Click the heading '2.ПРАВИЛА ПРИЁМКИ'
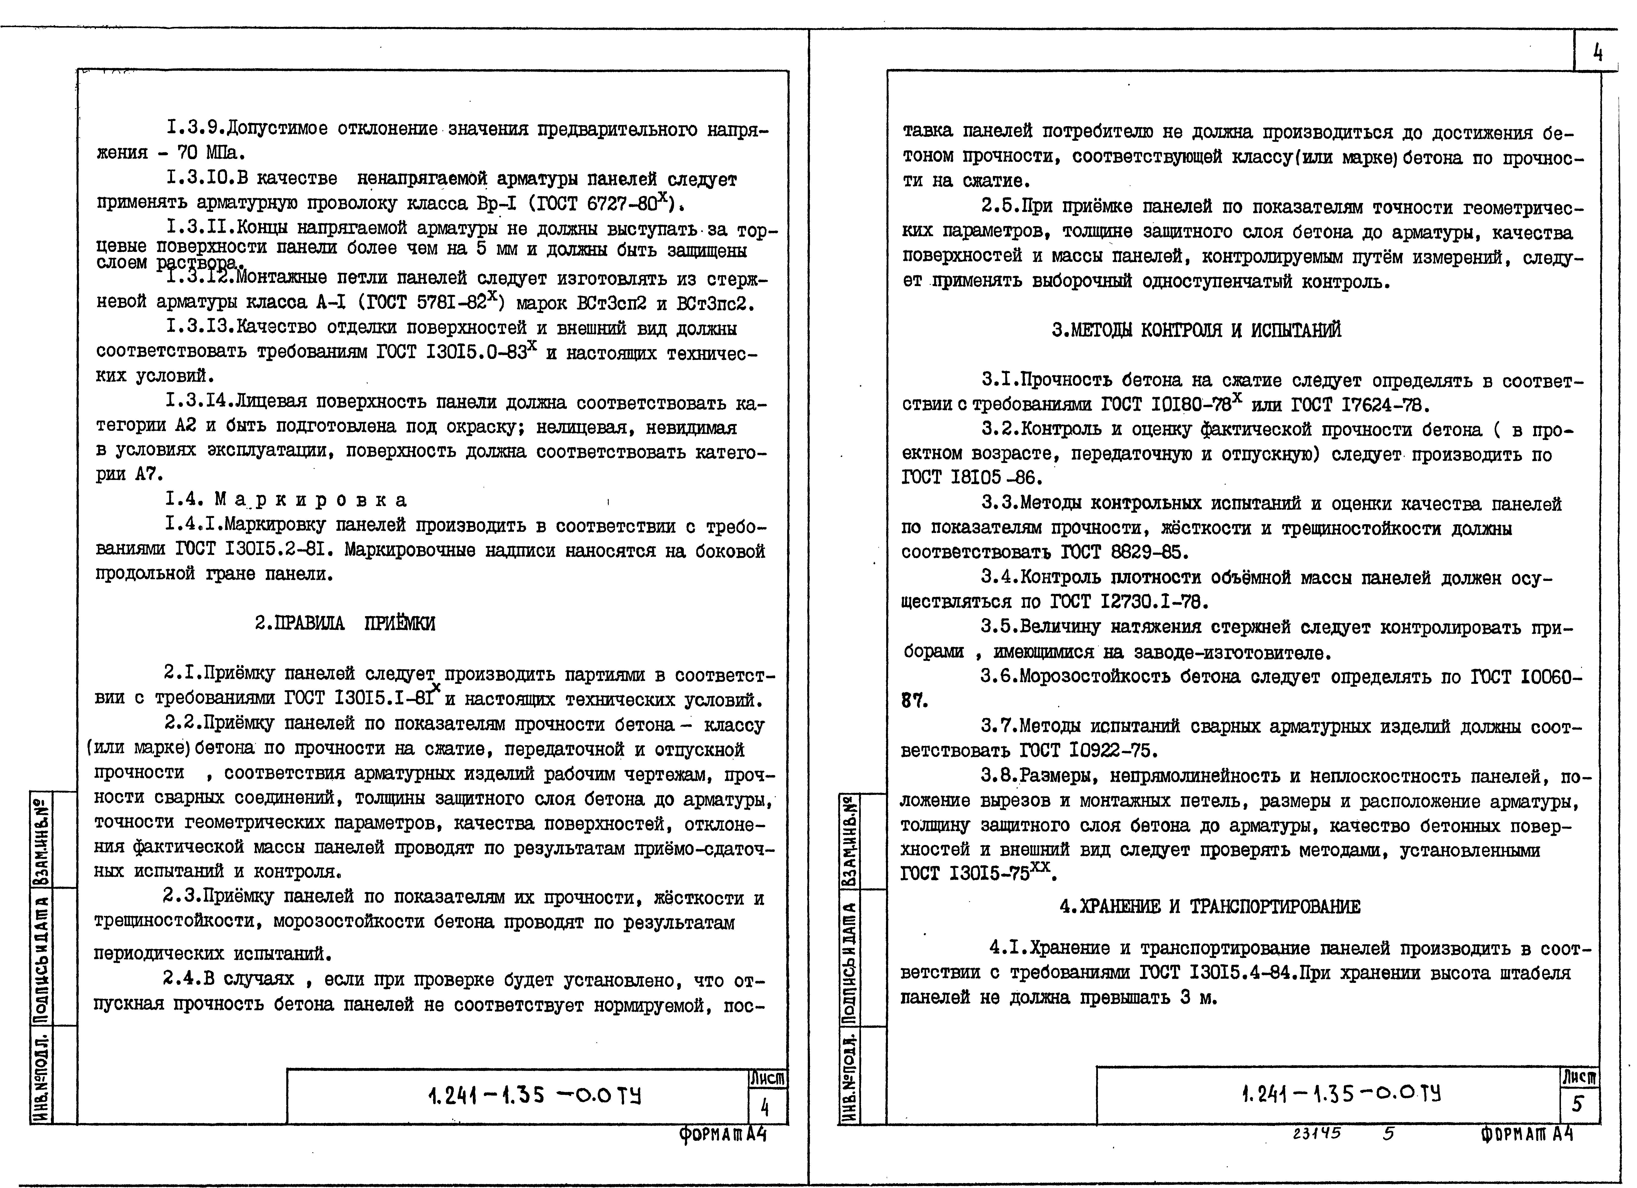coord(345,624)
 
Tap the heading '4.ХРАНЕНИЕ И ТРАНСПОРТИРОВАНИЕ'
coord(1210,907)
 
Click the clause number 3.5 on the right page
coord(998,626)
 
